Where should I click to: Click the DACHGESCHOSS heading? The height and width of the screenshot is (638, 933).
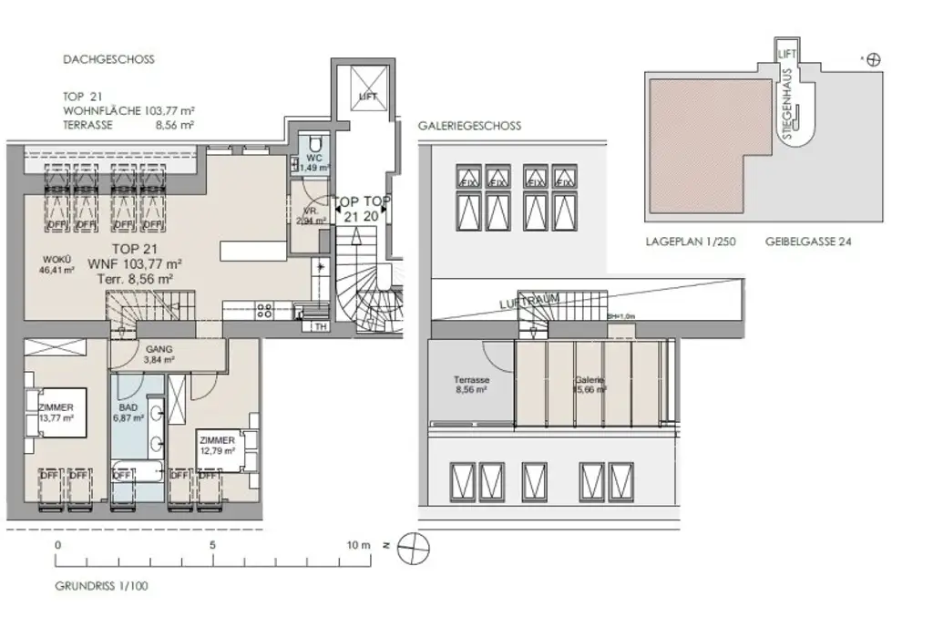108,59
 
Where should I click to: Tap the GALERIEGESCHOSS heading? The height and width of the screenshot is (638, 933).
469,126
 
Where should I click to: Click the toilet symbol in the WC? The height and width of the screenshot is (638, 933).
314,144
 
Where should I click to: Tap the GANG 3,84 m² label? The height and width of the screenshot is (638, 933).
159,354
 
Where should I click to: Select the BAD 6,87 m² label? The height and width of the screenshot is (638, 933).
128,412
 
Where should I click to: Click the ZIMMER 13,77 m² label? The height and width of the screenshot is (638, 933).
56,411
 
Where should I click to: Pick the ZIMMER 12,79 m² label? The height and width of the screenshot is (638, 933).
217,445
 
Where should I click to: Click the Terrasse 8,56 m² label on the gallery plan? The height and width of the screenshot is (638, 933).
472,384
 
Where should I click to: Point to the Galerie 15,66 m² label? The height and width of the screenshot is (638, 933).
590,384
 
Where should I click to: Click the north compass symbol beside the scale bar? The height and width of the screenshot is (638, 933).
414,547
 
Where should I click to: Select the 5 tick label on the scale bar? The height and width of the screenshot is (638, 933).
212,544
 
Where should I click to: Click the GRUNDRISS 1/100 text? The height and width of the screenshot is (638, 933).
100,586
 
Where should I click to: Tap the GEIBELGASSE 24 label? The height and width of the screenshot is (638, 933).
809,243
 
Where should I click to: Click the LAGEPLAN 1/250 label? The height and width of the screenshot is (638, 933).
690,243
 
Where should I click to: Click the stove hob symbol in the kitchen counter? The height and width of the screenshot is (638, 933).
265,309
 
